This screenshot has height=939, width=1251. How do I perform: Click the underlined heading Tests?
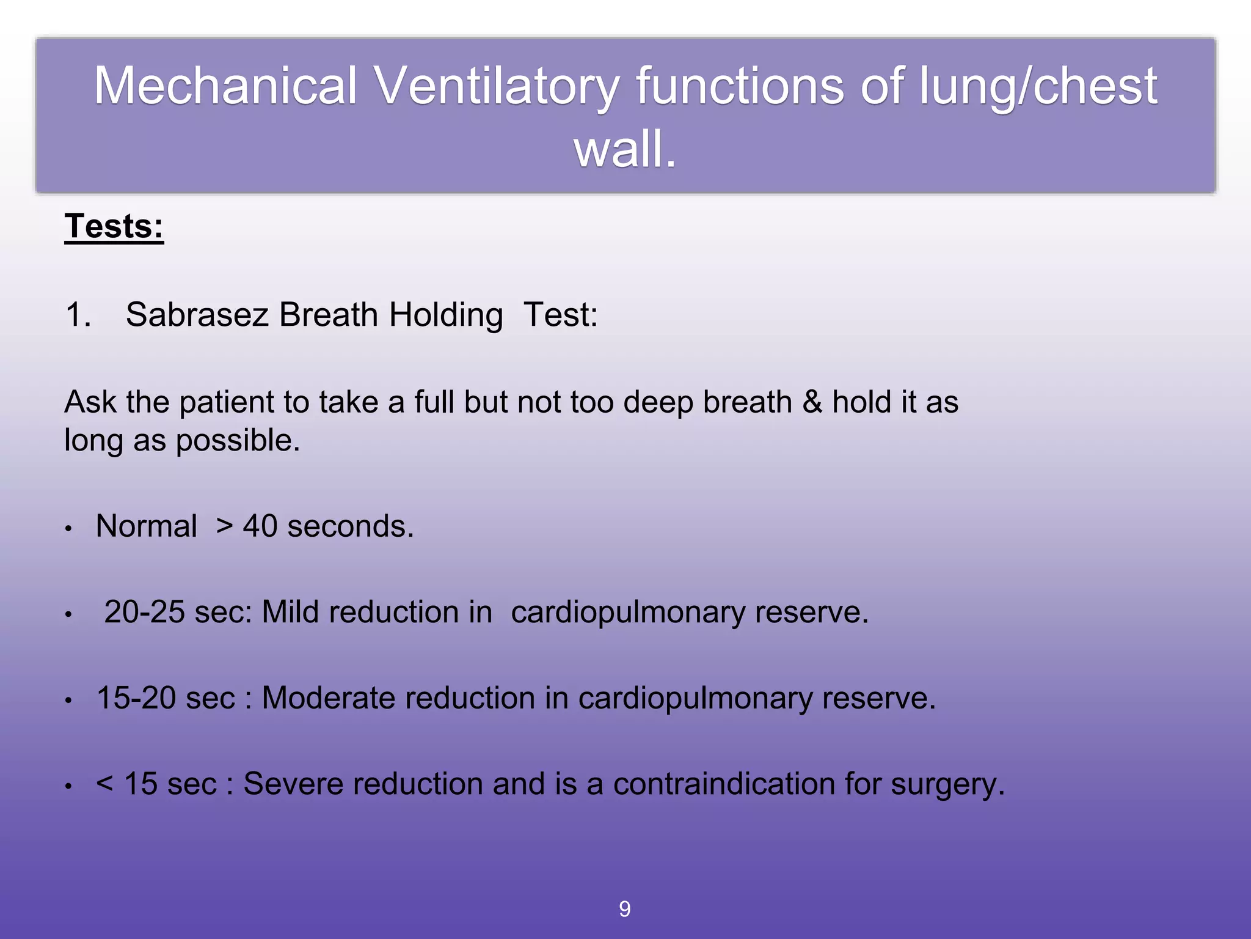coord(114,227)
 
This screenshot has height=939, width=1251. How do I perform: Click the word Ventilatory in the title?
coord(497,86)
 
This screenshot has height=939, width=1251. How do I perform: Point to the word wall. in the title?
coord(625,149)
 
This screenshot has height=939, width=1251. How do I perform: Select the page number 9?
coord(625,909)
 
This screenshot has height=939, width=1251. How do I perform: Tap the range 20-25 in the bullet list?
coord(144,612)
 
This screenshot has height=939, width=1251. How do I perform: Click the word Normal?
coord(147,526)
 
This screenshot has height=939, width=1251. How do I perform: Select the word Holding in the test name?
coord(446,315)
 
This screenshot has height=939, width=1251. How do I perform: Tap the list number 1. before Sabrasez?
coord(78,315)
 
